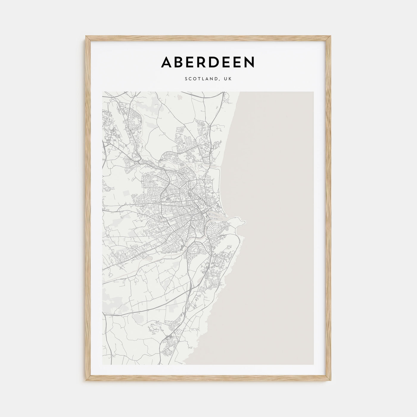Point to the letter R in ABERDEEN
[x=207, y=62]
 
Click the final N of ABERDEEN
[x=249, y=62]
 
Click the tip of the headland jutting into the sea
[x=246, y=222]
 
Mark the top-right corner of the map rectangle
[x=313, y=92]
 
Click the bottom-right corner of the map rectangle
[x=313, y=364]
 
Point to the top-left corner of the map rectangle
[x=102, y=92]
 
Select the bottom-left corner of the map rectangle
[x=102, y=364]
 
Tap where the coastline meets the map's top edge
[x=239, y=92]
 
